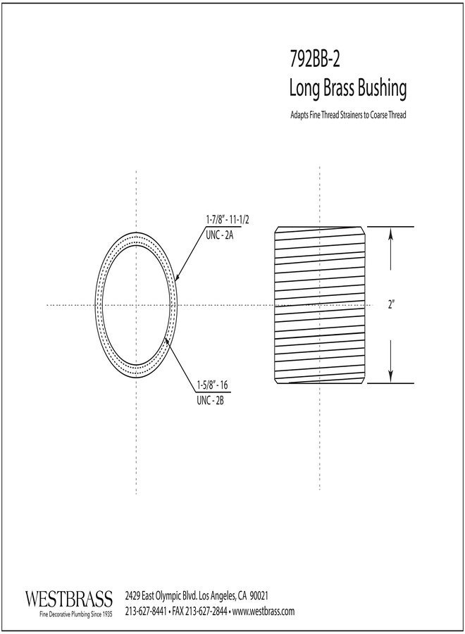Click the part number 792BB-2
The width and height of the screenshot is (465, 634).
[315, 60]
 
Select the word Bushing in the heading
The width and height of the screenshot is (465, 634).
[382, 89]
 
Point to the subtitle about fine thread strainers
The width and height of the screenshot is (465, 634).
[348, 115]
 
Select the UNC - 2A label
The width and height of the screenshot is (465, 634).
[220, 235]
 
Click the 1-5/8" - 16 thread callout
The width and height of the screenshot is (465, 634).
[212, 385]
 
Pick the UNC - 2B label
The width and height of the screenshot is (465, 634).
[210, 401]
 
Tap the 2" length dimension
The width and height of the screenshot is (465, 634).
[391, 304]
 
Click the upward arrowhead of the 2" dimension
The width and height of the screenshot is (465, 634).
[390, 235]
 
